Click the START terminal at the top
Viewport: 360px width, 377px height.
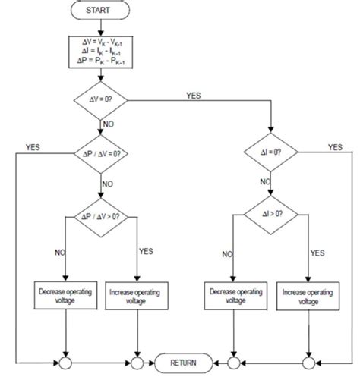(101, 11)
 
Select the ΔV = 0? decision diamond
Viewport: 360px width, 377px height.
(101, 99)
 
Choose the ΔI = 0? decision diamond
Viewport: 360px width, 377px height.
(273, 152)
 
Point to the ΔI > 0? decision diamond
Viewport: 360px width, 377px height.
(273, 215)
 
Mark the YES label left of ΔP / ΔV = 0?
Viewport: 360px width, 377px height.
(33, 146)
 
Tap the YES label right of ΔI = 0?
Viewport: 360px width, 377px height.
(334, 147)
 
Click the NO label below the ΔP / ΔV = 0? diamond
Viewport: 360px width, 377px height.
(110, 184)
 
